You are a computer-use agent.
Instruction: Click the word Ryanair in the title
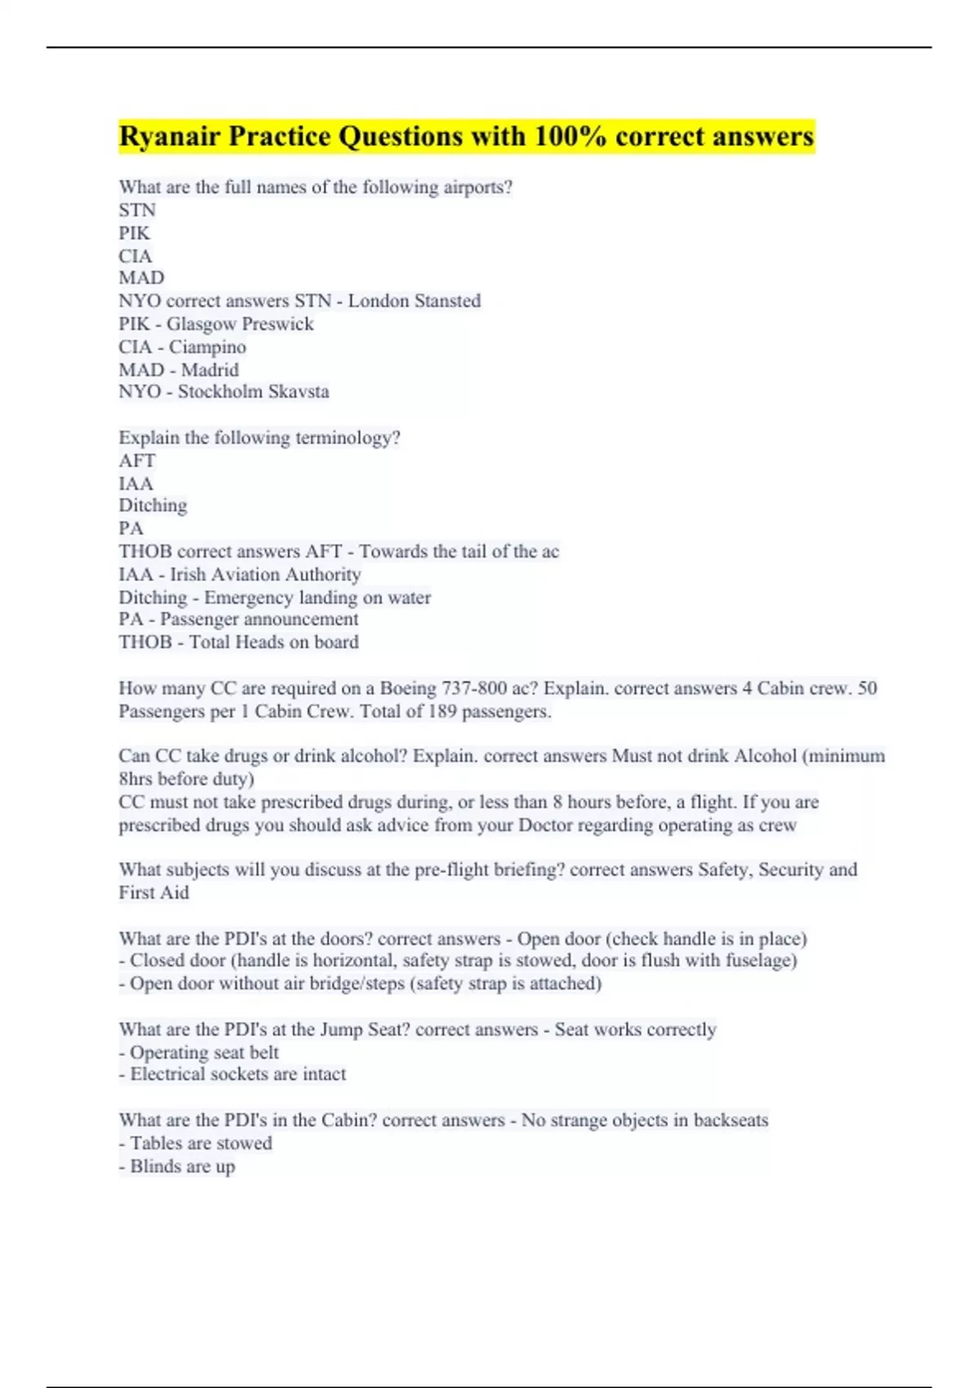(x=170, y=136)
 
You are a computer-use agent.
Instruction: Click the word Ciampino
(x=207, y=347)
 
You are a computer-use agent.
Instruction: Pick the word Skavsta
(x=299, y=392)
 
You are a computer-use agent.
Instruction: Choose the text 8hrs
(x=135, y=779)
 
